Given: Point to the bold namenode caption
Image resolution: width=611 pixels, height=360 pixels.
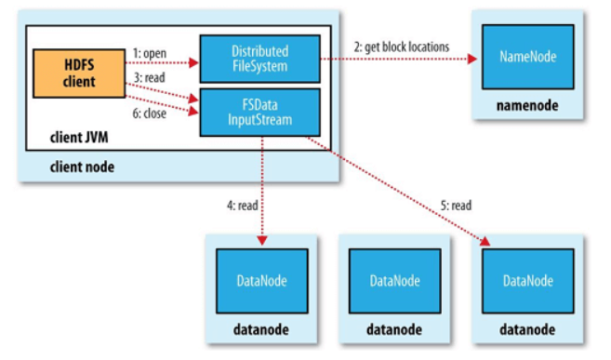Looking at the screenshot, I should pos(526,106).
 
